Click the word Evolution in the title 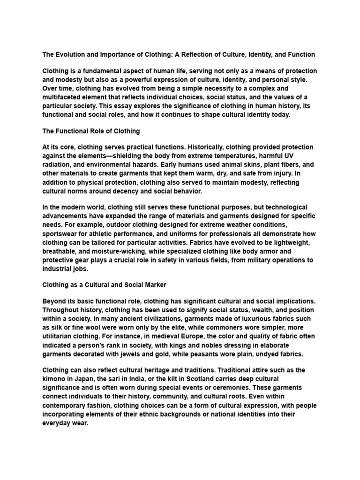[71, 55]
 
